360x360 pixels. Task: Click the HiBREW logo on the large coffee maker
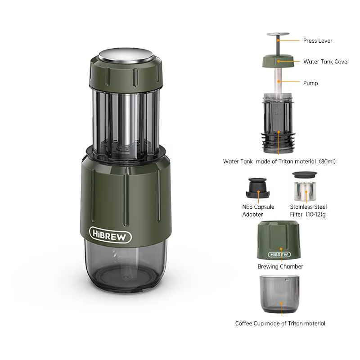110,235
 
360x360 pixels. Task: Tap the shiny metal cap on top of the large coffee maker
126,55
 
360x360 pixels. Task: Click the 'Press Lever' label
318,40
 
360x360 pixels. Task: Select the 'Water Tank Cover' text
326,62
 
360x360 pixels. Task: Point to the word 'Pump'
310,83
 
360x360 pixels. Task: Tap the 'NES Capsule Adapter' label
258,211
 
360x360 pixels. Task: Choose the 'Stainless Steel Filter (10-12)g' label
308,211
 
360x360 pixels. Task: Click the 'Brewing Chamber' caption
280,266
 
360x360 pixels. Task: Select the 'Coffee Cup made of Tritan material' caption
280,323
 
